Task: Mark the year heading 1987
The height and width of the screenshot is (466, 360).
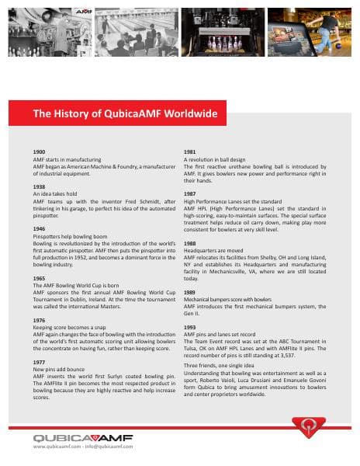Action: tap(189, 193)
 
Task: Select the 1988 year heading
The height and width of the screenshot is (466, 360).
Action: tap(189, 243)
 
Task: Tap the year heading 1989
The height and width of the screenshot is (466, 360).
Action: tap(189, 293)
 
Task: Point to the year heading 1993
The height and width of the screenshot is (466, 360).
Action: tap(189, 328)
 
